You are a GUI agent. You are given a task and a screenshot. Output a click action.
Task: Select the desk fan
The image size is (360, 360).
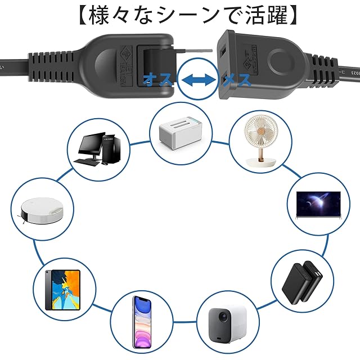point(260,141)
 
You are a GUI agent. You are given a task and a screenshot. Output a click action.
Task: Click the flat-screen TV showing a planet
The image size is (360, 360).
point(318,204)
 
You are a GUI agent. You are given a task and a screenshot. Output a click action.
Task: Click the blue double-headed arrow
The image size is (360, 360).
point(200,80)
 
